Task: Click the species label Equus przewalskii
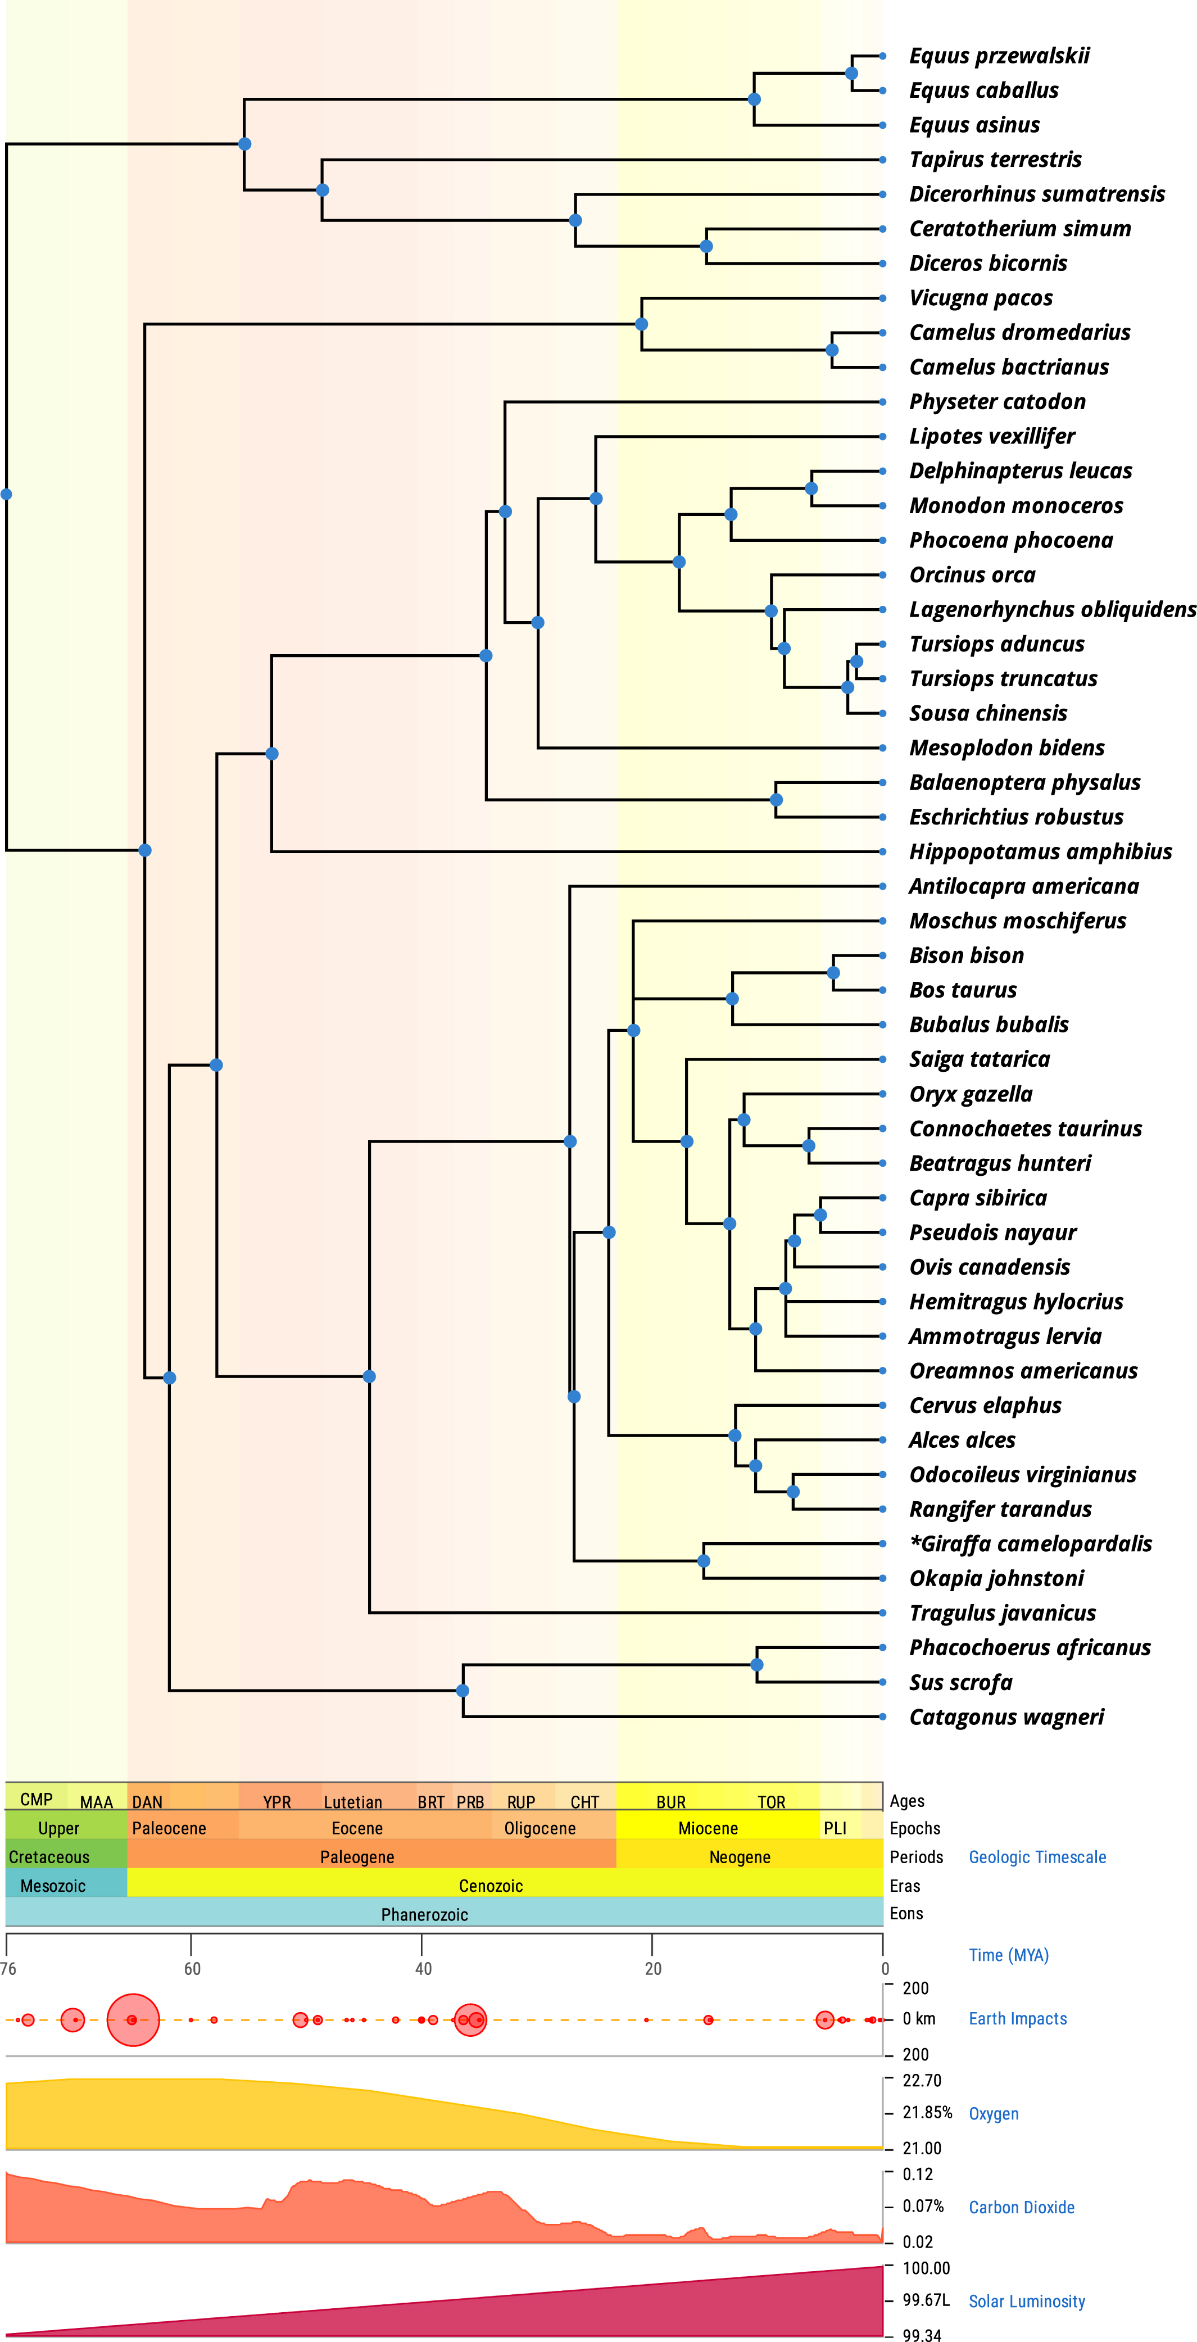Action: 999,56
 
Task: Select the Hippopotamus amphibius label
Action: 1040,852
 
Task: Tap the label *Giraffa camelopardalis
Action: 1030,1544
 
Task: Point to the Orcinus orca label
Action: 972,574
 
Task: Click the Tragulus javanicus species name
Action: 1001,1613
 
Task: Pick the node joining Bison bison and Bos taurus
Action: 833,973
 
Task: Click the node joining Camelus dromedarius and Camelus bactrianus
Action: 832,350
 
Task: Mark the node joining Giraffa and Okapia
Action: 704,1561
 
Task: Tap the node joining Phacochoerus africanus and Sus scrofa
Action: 757,1665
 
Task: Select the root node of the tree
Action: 6,495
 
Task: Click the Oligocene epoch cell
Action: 540,1828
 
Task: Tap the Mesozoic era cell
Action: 53,1886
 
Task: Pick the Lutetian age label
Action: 353,1802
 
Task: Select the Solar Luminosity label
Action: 1026,2301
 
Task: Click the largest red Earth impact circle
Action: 133,2019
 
